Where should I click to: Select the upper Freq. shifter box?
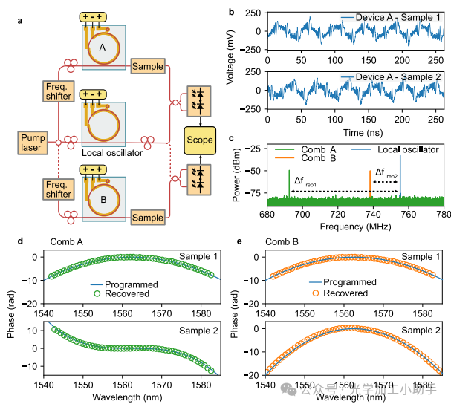click(58, 91)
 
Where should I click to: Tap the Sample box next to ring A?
click(147, 66)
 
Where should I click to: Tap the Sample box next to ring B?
click(147, 218)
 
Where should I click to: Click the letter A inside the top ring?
click(102, 47)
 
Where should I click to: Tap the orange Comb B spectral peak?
click(370, 184)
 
